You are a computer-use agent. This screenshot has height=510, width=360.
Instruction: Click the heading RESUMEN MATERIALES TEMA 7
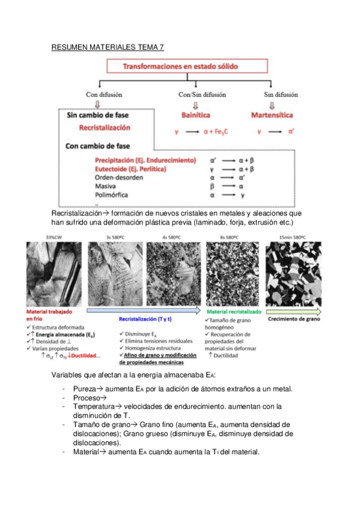click(107, 47)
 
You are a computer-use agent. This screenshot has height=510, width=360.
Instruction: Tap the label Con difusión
click(104, 94)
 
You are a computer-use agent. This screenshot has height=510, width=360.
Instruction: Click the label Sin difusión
click(281, 94)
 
